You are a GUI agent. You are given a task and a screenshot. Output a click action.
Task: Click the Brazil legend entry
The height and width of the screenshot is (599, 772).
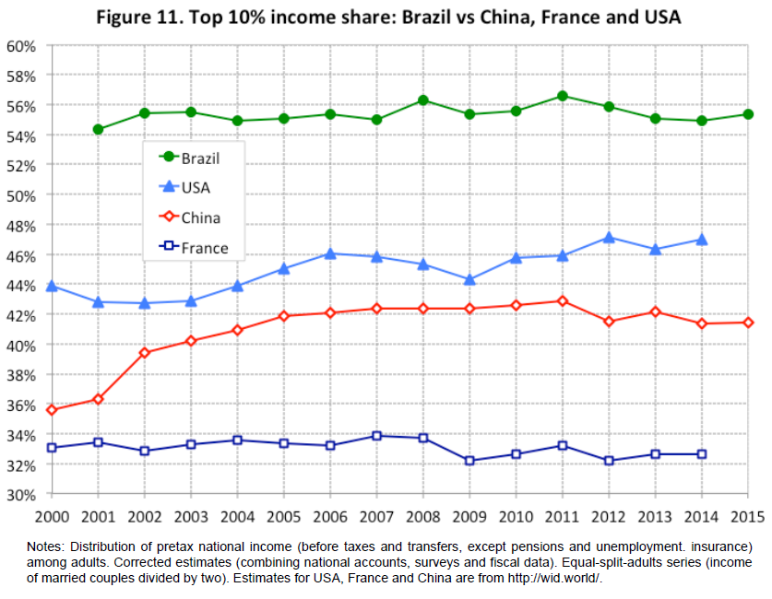[x=190, y=158]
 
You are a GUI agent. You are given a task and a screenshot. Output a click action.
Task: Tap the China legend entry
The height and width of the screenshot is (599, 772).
[x=190, y=218]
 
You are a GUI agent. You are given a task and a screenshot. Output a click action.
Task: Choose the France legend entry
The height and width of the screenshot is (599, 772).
[x=194, y=248]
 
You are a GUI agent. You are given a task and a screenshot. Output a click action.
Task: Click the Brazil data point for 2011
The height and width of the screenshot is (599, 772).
[x=562, y=96]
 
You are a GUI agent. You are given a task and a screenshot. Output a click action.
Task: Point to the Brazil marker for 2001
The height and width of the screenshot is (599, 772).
[x=98, y=129]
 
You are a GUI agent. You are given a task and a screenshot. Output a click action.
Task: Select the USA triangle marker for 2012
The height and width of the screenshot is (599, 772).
[x=609, y=237]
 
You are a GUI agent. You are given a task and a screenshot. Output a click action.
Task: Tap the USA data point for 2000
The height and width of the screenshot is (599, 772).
[x=52, y=286]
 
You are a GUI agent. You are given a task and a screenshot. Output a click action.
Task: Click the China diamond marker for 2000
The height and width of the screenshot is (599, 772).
[x=52, y=410]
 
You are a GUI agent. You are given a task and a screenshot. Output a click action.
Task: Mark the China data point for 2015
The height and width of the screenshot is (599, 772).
[x=748, y=322]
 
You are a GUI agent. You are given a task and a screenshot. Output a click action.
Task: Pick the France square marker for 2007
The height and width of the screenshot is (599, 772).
[x=376, y=436]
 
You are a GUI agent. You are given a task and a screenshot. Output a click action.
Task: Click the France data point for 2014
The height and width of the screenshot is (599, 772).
[x=702, y=454]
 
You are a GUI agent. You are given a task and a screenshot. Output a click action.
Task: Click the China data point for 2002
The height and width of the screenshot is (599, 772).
[x=144, y=353]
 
